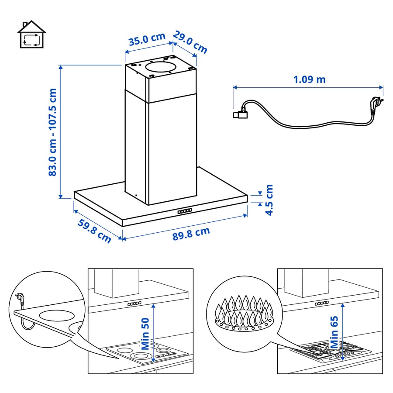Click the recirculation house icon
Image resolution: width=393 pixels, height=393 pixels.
tap(31, 34)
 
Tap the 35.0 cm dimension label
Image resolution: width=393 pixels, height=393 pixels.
tap(147, 39)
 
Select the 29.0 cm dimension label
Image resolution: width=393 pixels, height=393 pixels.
tap(190, 42)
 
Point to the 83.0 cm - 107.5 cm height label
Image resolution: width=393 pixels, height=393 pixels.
tap(53, 132)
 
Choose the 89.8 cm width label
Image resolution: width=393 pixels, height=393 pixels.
tap(191, 234)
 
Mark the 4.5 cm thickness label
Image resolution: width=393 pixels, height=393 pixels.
tap(269, 200)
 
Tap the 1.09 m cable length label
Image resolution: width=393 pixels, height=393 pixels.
tap(310, 79)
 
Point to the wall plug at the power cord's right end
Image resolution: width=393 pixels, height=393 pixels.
tap(376, 105)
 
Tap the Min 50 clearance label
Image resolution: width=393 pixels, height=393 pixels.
tap(145, 334)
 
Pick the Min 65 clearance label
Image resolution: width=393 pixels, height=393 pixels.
tap(334, 332)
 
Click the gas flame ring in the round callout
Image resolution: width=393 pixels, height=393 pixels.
tap(244, 313)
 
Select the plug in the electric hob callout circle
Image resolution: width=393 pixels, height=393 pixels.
tap(20, 298)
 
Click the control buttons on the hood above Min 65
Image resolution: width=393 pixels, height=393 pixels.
tap(321, 303)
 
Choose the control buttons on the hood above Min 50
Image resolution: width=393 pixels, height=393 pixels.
tap(134, 304)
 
